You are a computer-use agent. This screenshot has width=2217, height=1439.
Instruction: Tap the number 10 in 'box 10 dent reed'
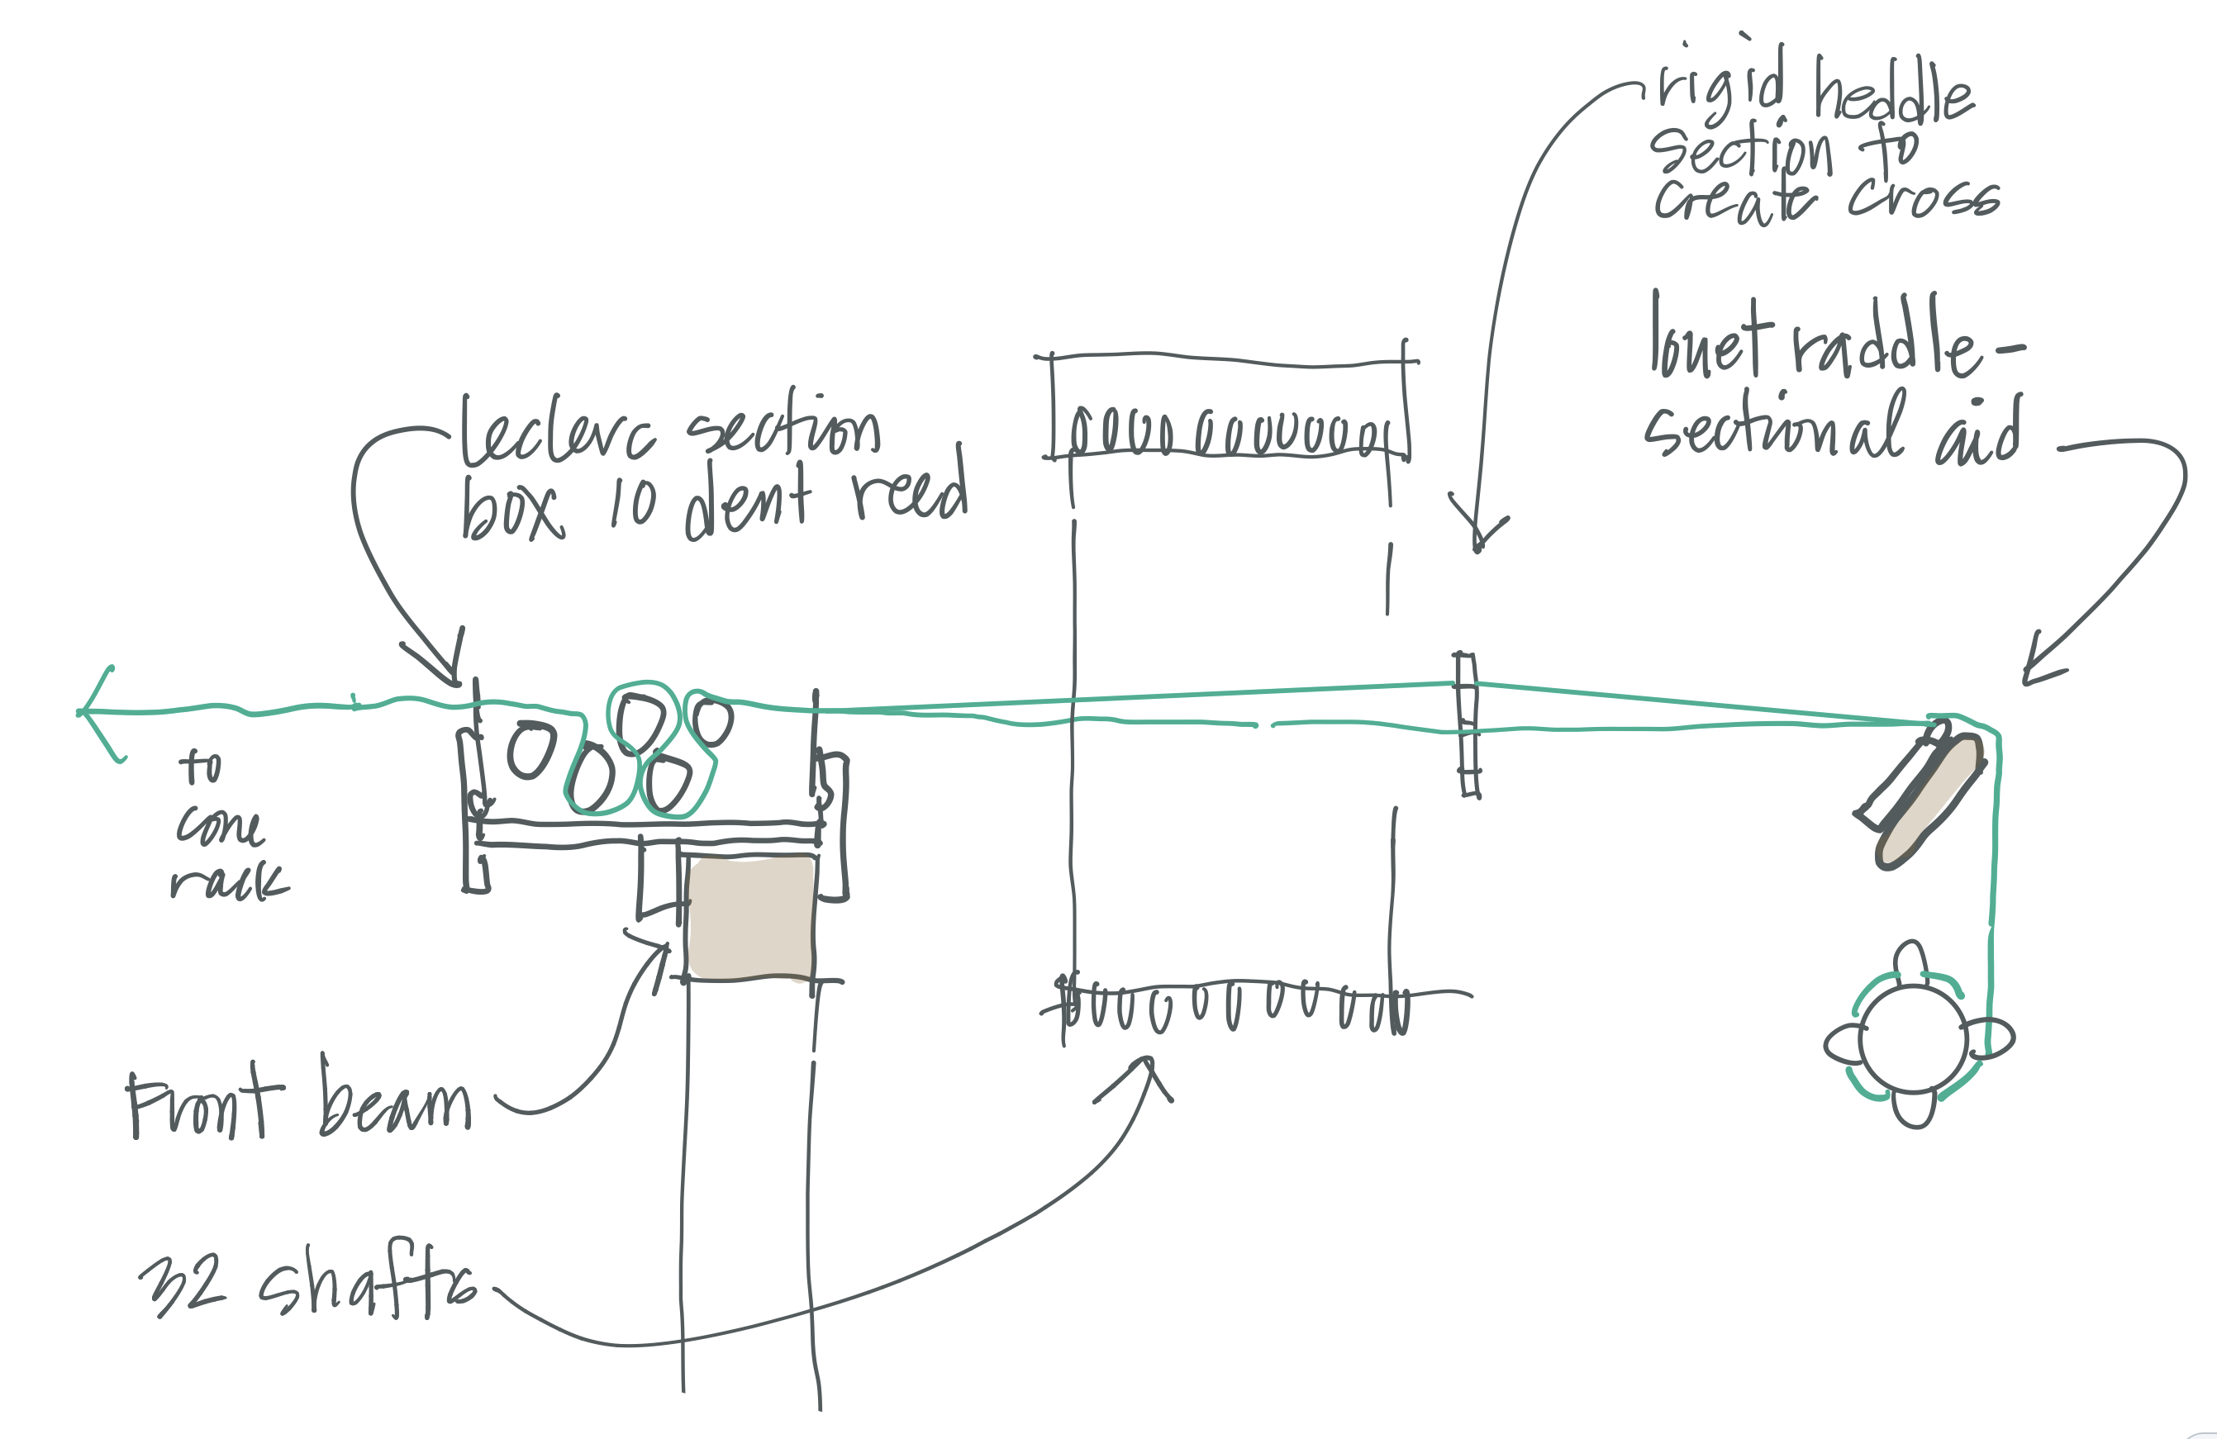pyautogui.click(x=634, y=504)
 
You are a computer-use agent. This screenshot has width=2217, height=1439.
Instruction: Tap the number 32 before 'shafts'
pyautogui.click(x=183, y=1285)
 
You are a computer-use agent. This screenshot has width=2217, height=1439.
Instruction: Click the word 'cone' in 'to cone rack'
pyautogui.click(x=220, y=825)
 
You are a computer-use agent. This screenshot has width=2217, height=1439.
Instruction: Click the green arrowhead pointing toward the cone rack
pyautogui.click(x=93, y=713)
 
